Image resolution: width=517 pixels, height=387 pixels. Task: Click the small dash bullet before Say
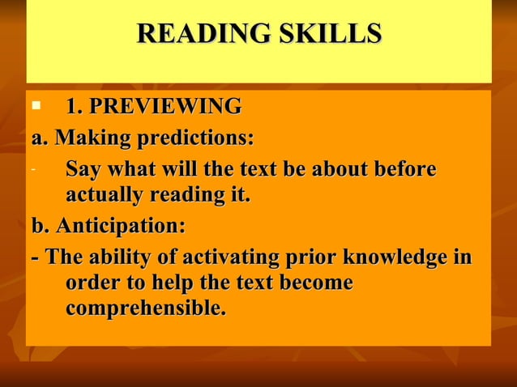coord(32,170)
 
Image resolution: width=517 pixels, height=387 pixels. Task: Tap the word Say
coord(83,170)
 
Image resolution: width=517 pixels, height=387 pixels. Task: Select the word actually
coord(104,195)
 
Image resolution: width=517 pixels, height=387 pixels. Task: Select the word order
coord(91,284)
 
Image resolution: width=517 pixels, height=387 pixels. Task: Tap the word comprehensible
coord(146,309)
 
